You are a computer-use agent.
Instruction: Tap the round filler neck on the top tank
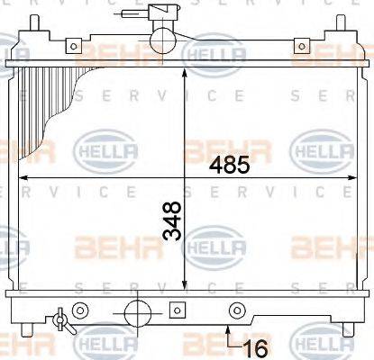[x=163, y=39]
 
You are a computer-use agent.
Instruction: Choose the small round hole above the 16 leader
[x=238, y=311]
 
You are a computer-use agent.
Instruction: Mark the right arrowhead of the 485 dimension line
[x=352, y=177]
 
